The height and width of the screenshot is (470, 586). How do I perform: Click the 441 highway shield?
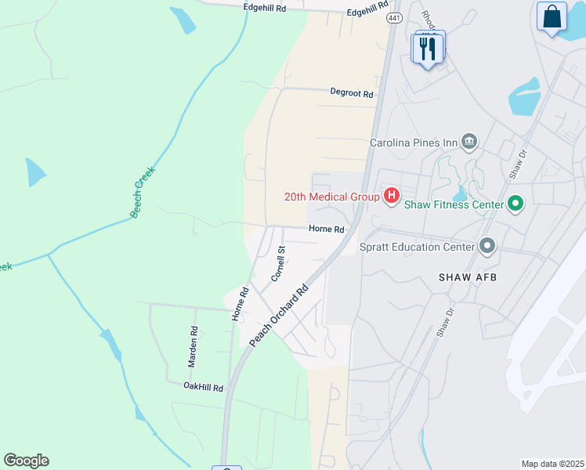pyautogui.click(x=395, y=18)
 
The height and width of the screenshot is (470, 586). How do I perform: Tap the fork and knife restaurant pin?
pyautogui.click(x=428, y=49)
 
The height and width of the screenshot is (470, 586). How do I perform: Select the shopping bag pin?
pyautogui.click(x=552, y=16)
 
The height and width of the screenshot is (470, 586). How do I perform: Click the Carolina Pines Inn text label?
pyautogui.click(x=414, y=143)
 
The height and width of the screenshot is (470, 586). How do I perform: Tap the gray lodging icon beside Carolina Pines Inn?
pyautogui.click(x=468, y=141)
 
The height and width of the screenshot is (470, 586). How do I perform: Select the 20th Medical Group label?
pyautogui.click(x=332, y=196)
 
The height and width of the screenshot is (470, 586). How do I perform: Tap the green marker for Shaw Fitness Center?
pyautogui.click(x=515, y=204)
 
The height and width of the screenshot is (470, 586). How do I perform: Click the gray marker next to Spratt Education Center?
pyautogui.click(x=487, y=247)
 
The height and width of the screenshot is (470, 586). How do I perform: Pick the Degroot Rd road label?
pyautogui.click(x=351, y=92)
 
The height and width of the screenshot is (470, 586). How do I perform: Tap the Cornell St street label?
pyautogui.click(x=278, y=264)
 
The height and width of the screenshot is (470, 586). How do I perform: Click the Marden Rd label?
pyautogui.click(x=191, y=348)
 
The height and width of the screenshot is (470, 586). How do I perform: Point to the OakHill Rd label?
pyautogui.click(x=204, y=387)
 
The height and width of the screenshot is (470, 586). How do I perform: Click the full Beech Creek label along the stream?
pyautogui.click(x=143, y=192)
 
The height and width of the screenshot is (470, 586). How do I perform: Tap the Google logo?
pyautogui.click(x=26, y=461)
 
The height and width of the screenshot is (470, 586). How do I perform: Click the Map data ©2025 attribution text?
pyautogui.click(x=552, y=464)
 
